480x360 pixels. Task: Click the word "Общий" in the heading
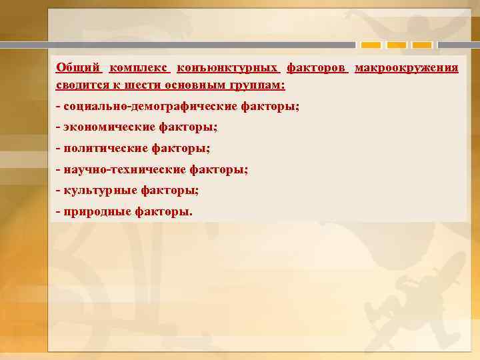(78, 67)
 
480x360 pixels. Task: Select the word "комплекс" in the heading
(139, 67)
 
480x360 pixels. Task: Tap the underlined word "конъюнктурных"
(228, 67)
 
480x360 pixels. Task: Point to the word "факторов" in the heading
(317, 67)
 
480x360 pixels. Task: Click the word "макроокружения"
(406, 67)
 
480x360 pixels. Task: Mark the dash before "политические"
(59, 148)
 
